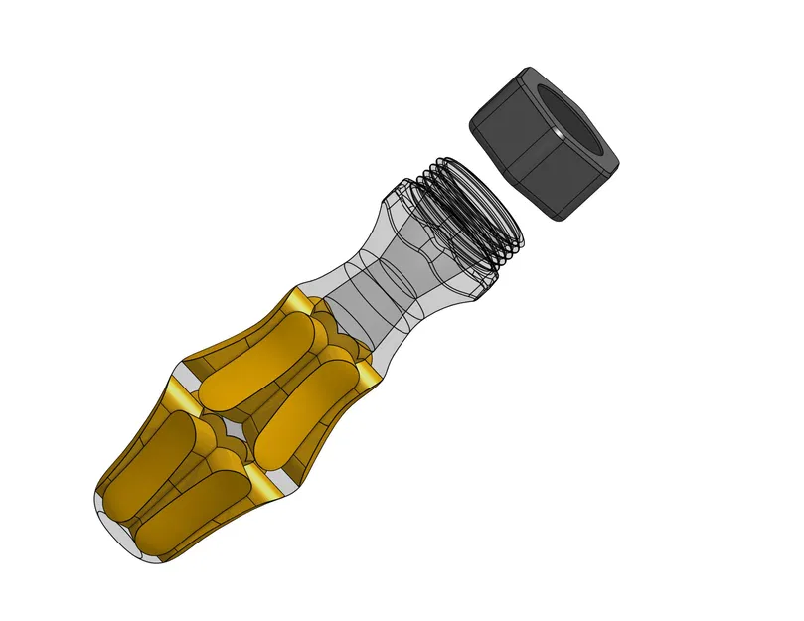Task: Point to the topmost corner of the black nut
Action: pos(531,70)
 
